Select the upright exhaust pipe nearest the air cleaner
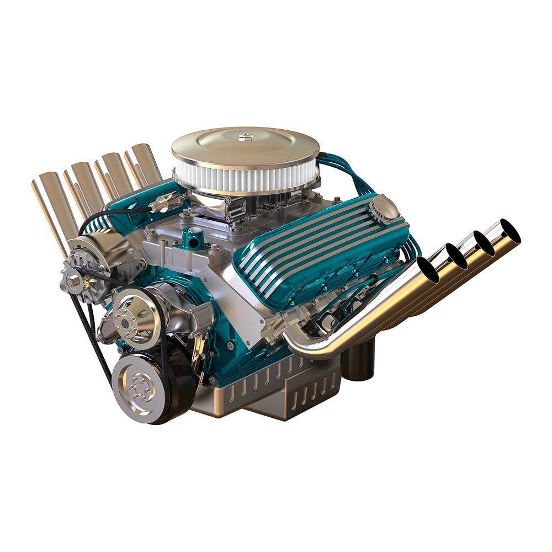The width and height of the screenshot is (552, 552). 145,163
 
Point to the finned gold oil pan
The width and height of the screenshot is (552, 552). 265,392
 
